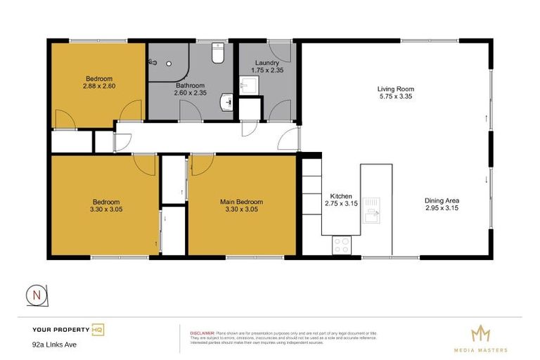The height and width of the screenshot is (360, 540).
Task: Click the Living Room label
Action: tap(395, 89)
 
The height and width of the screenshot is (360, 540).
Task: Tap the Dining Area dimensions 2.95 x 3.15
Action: tap(442, 209)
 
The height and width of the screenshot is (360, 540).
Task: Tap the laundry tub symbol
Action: tap(247, 86)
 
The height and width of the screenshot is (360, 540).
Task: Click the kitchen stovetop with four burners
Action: tap(341, 245)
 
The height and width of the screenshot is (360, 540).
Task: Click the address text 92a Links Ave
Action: tap(54, 345)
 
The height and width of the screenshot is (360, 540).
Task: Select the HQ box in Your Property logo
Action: tap(98, 329)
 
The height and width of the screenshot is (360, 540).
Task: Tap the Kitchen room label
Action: tap(337, 196)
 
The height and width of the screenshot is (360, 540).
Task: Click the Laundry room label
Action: tap(267, 63)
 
